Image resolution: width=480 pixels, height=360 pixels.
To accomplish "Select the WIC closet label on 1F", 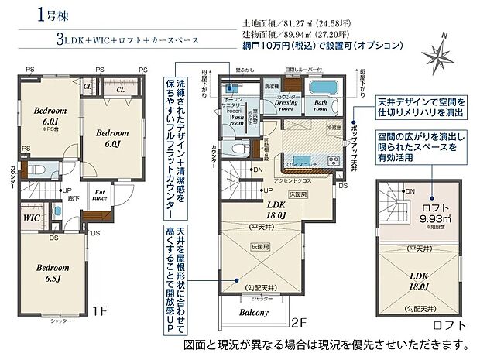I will tap(30, 218).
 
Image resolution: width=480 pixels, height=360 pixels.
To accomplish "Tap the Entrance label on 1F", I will tap(100, 196).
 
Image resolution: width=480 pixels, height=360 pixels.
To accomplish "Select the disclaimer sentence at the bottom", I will tap(325, 344).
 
